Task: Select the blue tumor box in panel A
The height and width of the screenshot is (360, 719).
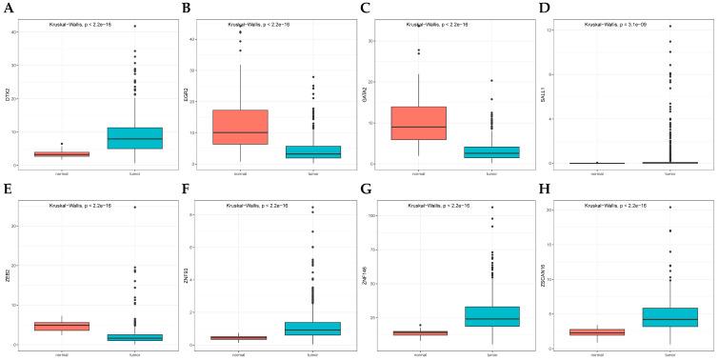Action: (x=134, y=138)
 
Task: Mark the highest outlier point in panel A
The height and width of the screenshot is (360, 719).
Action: (x=134, y=26)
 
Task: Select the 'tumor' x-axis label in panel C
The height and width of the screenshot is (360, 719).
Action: (x=498, y=173)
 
